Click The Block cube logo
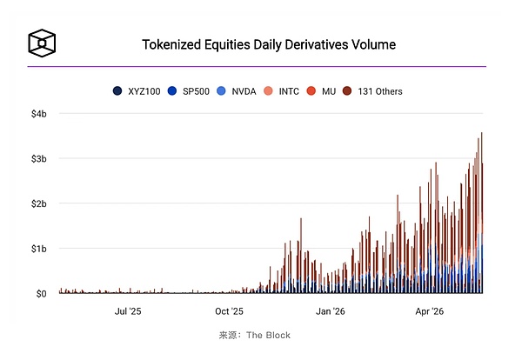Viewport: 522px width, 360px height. click(42, 43)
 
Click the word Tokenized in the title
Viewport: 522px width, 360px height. click(171, 44)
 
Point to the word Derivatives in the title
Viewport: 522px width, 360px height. click(316, 44)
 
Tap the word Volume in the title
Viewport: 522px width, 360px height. click(373, 44)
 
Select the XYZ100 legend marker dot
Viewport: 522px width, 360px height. click(117, 91)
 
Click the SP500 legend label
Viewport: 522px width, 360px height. click(196, 91)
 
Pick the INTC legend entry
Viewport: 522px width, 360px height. click(281, 91)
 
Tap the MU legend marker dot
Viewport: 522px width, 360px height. click(311, 91)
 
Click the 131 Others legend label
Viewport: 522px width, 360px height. click(380, 91)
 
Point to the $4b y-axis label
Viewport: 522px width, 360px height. click(39, 114)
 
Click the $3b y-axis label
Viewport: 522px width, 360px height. click(39, 159)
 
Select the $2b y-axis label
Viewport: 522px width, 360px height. click(39, 204)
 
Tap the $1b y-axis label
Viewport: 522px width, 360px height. click(39, 249)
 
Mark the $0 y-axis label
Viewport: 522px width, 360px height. click(41, 294)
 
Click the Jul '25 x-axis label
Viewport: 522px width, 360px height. click(128, 311)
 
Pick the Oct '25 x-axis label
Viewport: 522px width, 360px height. click(229, 311)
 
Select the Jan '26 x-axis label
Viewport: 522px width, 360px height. click(331, 311)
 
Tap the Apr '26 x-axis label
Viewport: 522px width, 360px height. click(430, 311)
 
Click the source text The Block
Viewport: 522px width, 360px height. click(268, 335)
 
